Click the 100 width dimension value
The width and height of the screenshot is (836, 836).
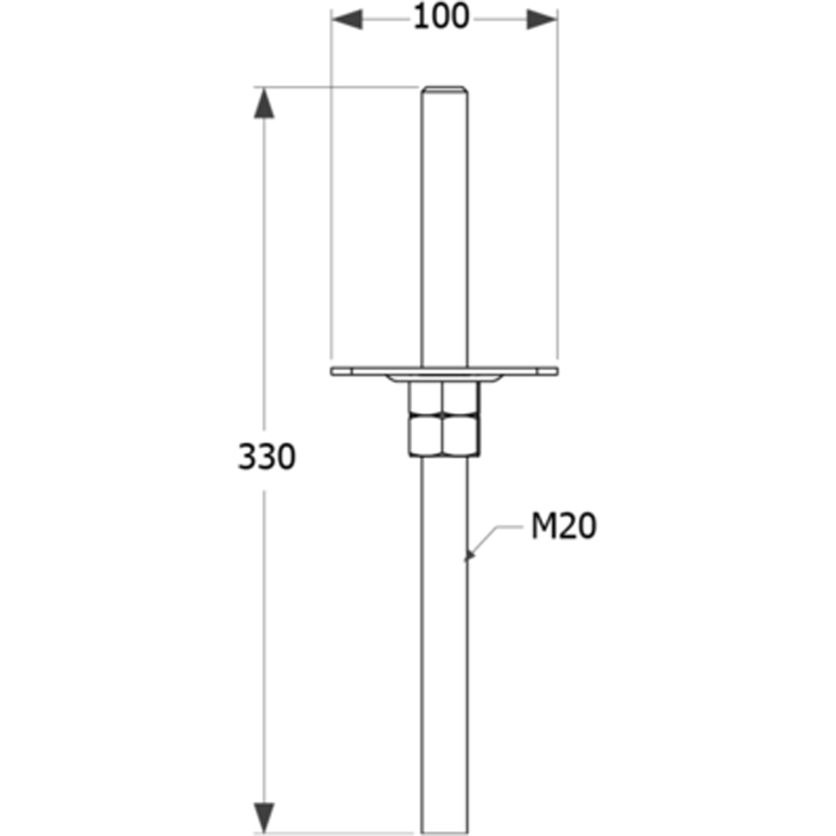441,17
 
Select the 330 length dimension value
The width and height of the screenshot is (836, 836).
267,457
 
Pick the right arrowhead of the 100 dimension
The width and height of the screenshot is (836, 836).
542,18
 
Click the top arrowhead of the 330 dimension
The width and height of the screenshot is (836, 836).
263,102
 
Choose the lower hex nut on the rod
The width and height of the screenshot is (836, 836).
444,436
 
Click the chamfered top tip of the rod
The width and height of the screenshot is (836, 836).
444,89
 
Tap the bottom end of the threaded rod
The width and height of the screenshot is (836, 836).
444,829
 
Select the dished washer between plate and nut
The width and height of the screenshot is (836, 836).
444,380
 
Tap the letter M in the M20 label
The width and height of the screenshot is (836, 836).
544,527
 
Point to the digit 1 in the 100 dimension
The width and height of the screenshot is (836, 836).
421,17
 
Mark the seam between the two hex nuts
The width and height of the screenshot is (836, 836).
444,417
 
